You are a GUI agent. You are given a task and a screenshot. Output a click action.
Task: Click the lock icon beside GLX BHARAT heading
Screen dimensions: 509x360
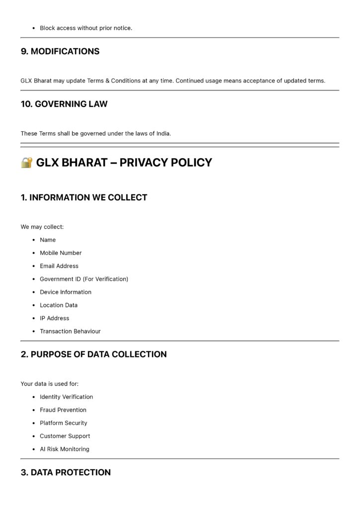[27, 163]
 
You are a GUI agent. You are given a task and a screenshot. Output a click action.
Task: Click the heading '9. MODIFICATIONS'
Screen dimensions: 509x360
[60, 51]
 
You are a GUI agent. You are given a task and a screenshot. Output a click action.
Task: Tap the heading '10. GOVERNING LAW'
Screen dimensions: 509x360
[64, 104]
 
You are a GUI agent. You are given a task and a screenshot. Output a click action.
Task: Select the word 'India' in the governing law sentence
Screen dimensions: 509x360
[163, 133]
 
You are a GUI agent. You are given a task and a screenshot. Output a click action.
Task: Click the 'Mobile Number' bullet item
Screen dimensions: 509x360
[61, 253]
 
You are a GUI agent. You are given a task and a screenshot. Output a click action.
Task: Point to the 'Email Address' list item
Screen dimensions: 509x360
[59, 266]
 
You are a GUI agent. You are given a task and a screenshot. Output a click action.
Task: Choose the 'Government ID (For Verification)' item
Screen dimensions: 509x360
[84, 279]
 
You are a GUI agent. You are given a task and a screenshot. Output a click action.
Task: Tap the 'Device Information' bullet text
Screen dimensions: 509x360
[66, 292]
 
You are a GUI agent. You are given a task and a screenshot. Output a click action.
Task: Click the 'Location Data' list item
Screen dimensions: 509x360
[59, 305]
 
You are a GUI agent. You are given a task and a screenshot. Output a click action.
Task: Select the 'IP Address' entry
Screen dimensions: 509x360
[55, 318]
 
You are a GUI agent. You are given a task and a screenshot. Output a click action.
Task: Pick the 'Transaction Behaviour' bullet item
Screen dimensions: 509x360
[70, 331]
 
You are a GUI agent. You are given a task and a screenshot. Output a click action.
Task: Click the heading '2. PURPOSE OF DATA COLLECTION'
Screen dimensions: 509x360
[94, 354]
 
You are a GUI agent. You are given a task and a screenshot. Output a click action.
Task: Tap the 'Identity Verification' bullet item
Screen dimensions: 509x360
[66, 397]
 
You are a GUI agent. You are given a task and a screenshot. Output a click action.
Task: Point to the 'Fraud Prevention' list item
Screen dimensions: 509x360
[63, 410]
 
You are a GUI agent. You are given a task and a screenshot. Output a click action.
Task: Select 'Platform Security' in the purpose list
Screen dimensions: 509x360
[64, 423]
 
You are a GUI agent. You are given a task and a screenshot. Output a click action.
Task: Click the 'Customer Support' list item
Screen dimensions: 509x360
[65, 436]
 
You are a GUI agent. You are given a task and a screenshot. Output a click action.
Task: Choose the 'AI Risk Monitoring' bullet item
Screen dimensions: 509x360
[65, 449]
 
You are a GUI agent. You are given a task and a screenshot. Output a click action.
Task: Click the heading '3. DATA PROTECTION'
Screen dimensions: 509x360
[66, 472]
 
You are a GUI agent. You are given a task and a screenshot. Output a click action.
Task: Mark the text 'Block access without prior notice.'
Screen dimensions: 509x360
[86, 28]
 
